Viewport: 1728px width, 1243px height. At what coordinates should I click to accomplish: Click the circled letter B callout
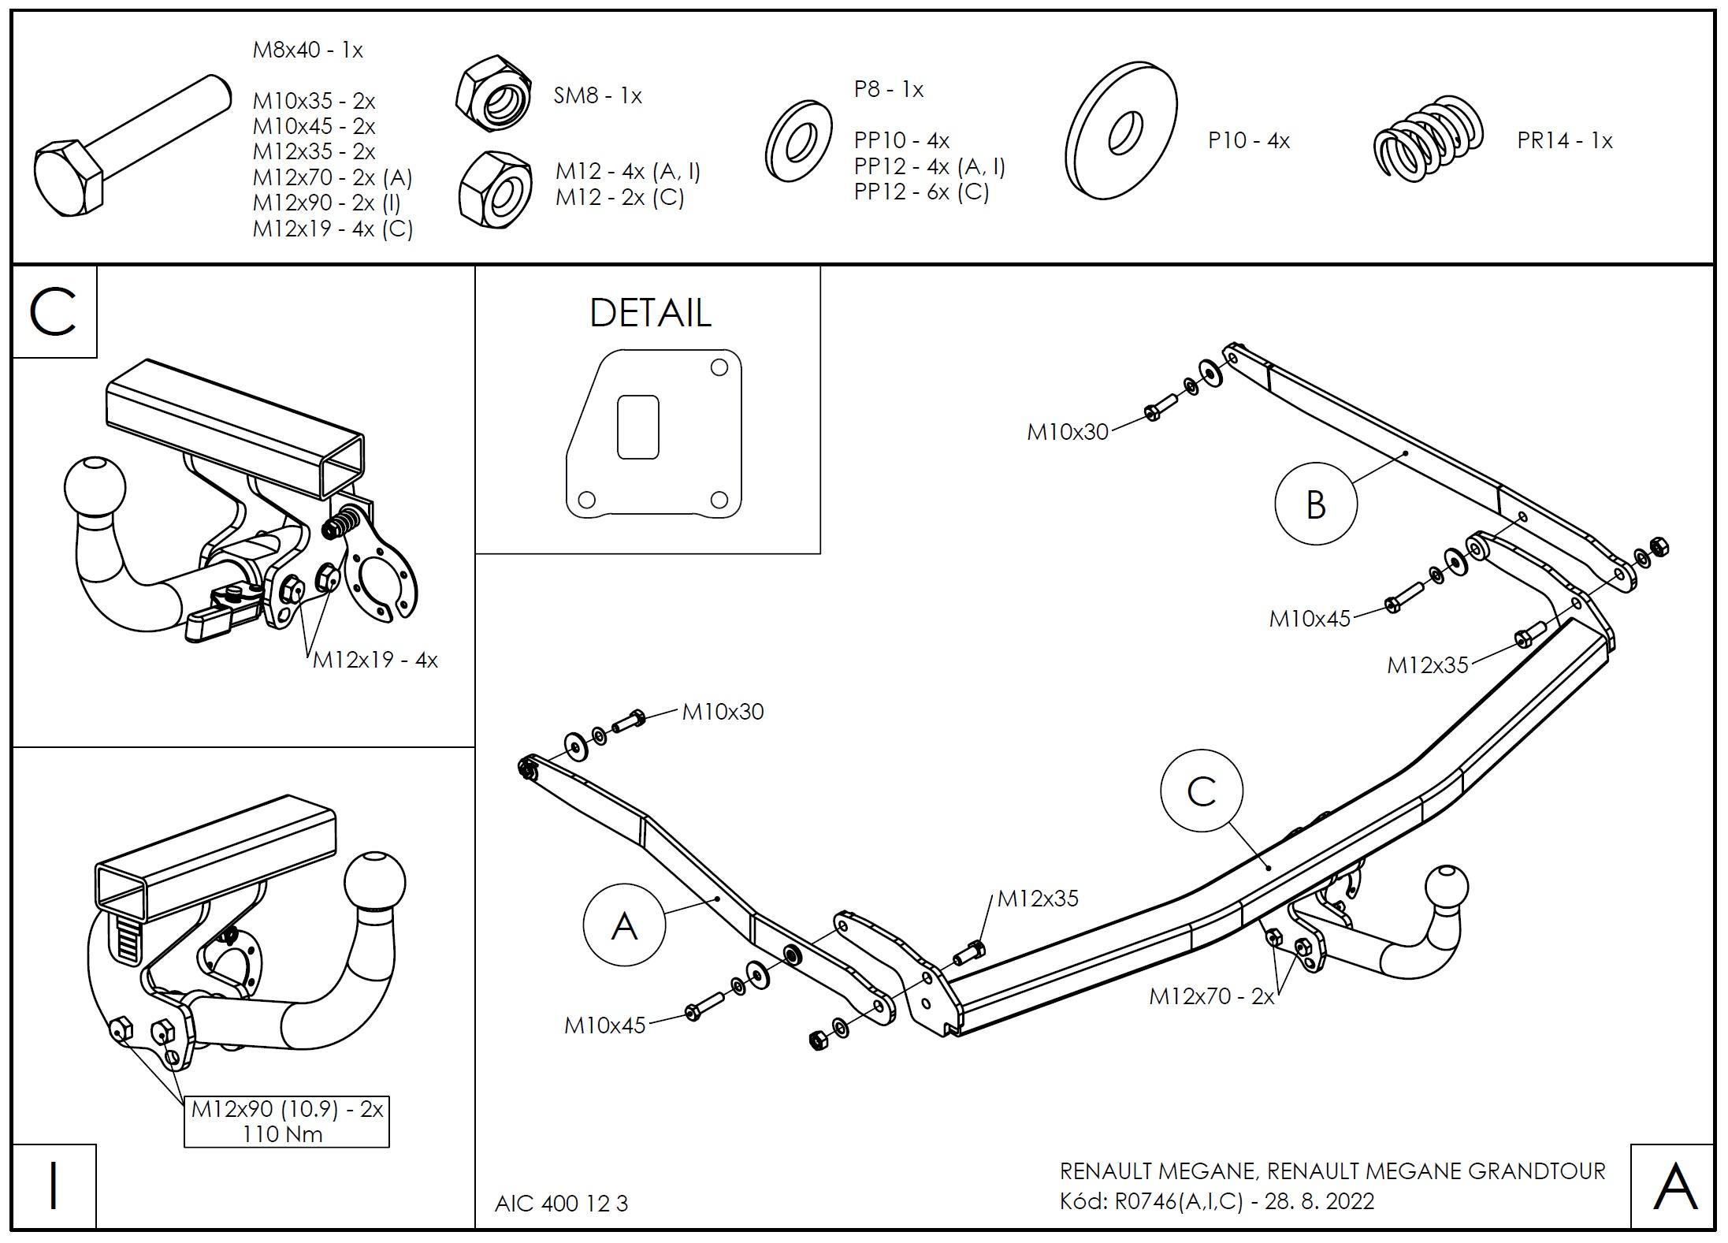[1315, 504]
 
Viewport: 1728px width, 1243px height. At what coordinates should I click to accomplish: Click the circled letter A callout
[624, 925]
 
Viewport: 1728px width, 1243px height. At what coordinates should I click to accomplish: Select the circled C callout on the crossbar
[1202, 791]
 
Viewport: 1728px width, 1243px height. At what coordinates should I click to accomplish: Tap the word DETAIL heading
[650, 313]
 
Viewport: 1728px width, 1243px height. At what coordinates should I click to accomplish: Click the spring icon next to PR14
[1428, 140]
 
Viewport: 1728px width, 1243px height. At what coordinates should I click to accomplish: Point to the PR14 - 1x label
[1564, 141]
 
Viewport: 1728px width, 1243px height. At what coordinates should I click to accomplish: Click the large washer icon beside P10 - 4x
[1120, 131]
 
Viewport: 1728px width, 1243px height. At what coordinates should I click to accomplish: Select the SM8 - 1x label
[597, 96]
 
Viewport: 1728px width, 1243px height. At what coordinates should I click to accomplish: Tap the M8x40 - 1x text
[307, 50]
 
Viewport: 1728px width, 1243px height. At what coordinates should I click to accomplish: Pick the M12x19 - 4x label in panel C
[375, 660]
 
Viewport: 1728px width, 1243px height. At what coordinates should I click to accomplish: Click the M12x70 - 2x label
[1211, 996]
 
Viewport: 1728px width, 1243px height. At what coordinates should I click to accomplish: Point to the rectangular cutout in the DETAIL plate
[637, 426]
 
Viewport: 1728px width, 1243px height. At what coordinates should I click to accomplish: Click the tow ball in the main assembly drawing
[1446, 888]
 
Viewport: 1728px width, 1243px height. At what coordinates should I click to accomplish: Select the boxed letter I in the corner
[54, 1185]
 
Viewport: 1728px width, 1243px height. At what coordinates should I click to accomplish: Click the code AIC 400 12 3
[561, 1204]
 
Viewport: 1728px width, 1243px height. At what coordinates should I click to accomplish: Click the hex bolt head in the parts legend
[68, 180]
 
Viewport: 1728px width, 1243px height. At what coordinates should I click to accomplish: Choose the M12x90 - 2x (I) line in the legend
[326, 203]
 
